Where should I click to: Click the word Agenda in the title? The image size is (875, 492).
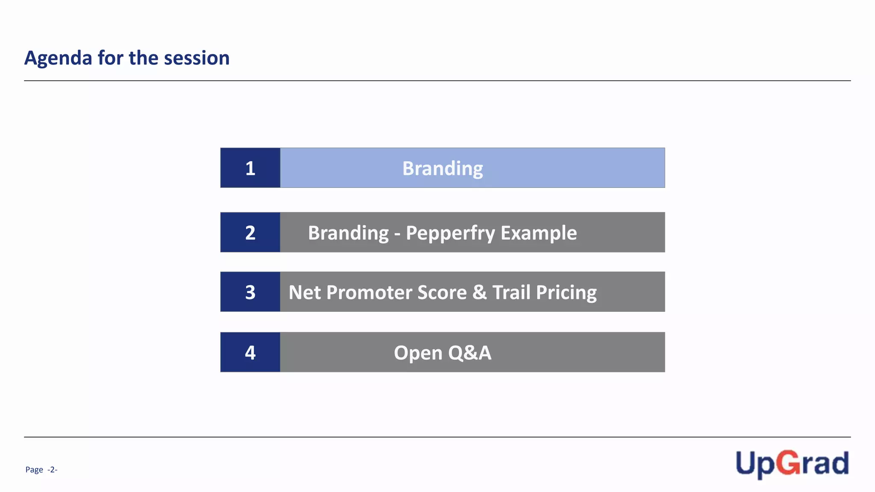[58, 58]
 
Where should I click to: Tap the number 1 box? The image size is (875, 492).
[250, 168]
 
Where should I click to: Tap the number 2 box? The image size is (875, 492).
[250, 232]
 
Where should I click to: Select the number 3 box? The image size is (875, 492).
[250, 292]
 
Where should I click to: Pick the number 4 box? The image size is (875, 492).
[250, 352]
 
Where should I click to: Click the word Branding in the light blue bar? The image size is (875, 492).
[443, 168]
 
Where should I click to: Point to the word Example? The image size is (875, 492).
[539, 233]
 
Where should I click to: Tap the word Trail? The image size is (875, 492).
[511, 293]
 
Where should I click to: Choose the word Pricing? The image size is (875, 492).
[566, 293]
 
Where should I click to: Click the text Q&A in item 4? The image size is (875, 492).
[470, 353]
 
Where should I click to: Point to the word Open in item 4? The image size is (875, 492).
[418, 353]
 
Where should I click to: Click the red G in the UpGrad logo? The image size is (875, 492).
[788, 463]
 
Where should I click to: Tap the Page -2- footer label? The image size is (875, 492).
[41, 470]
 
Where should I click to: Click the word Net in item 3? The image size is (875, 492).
[305, 293]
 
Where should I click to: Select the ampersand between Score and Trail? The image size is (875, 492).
[479, 293]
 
